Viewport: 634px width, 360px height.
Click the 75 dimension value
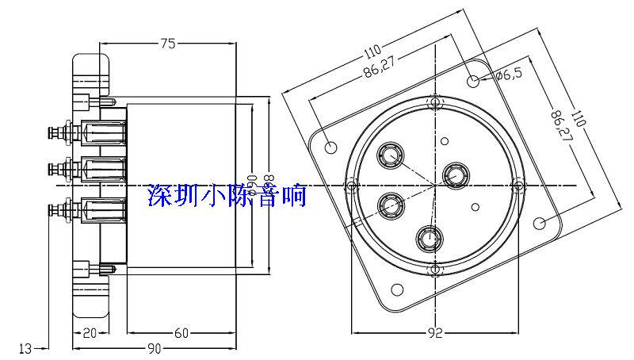pyautogui.click(x=168, y=44)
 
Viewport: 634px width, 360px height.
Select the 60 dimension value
pyautogui.click(x=181, y=334)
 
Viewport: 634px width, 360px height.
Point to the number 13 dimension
pyautogui.click(x=25, y=348)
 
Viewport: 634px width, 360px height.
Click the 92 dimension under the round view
pyautogui.click(x=434, y=334)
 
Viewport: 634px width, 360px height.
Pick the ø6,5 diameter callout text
pyautogui.click(x=508, y=75)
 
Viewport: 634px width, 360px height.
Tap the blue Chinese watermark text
pyautogui.click(x=227, y=194)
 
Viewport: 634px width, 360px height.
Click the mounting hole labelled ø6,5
pyautogui.click(x=473, y=81)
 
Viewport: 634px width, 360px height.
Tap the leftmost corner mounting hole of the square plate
pyautogui.click(x=331, y=147)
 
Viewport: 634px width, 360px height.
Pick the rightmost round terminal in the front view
pyautogui.click(x=455, y=174)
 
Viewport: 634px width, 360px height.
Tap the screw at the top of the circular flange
pyautogui.click(x=433, y=104)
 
